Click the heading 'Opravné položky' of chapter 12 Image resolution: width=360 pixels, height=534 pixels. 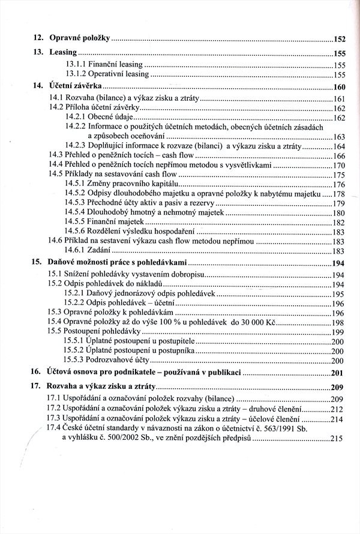[x=79, y=38]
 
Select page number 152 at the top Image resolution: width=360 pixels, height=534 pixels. [x=341, y=39]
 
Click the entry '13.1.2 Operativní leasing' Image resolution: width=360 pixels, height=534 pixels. [x=106, y=75]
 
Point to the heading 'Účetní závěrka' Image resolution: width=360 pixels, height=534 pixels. [x=76, y=86]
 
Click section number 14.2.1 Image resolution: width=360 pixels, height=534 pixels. [x=74, y=117]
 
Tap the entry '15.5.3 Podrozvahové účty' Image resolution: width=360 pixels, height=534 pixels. [x=107, y=360]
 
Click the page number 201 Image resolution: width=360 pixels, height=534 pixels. [x=341, y=373]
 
